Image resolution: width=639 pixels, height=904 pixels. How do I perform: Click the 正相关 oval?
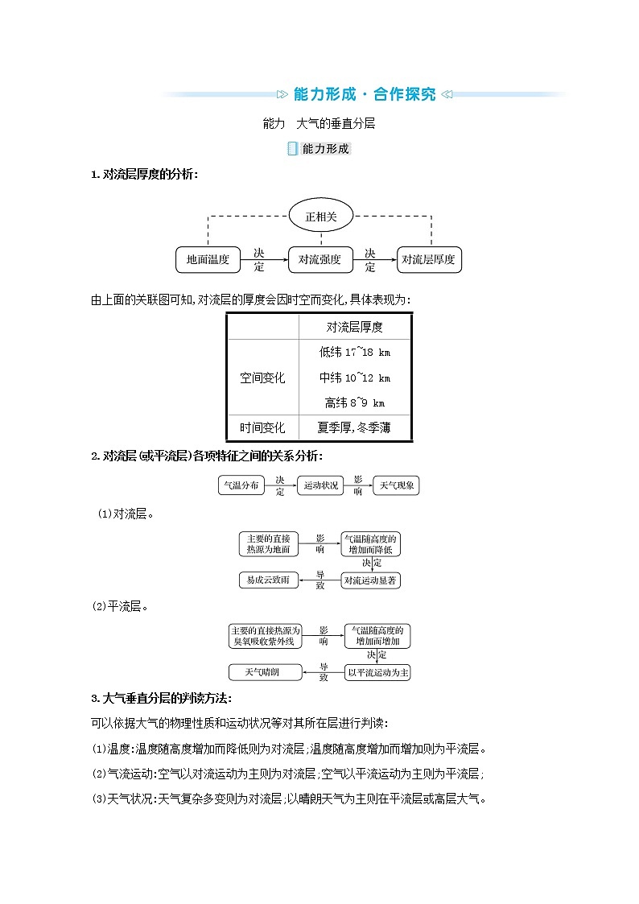322,217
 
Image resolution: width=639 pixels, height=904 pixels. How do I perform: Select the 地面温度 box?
208,259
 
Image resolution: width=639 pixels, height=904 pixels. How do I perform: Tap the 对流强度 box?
320,259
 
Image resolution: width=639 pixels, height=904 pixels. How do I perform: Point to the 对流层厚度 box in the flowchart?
429,259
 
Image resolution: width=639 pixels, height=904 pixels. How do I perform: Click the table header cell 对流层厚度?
355,327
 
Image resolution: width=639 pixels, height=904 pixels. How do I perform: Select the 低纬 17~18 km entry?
355,352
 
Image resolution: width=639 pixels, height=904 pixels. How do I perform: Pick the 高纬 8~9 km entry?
355,402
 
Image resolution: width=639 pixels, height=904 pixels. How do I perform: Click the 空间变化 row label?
262,378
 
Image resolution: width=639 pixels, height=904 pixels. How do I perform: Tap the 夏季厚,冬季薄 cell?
355,428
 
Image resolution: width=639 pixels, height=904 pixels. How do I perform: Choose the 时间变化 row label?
262,428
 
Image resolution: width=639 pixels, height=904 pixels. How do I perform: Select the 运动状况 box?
320,485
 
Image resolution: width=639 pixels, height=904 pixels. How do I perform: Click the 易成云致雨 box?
269,580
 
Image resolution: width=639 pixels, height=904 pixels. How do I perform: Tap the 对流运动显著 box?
370,580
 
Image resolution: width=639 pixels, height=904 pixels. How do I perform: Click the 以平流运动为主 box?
378,671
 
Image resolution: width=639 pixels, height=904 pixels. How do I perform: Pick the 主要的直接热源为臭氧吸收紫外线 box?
265,636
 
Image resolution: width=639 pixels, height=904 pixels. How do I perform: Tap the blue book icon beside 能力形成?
293,149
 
